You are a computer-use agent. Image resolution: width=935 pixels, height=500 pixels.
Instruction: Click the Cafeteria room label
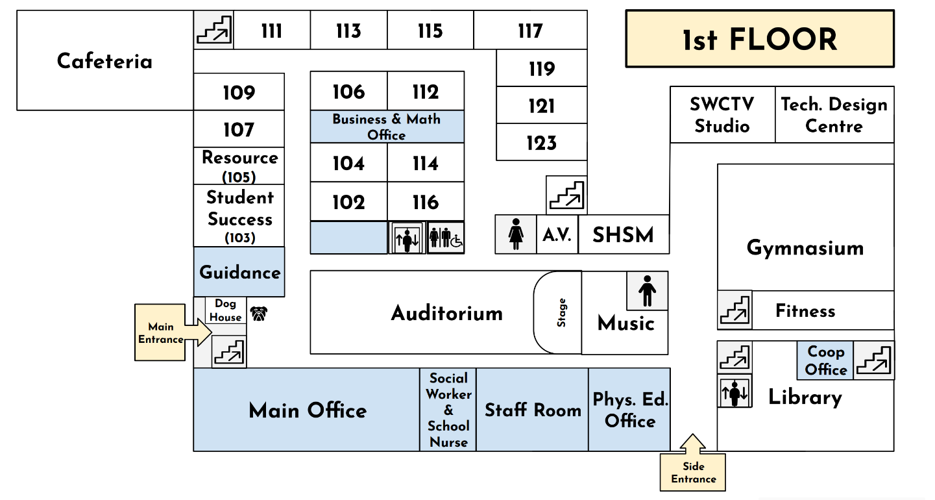(x=104, y=61)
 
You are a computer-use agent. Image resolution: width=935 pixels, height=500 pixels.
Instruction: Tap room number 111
(x=271, y=31)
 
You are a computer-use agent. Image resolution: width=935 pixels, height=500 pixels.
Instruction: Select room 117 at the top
(x=529, y=31)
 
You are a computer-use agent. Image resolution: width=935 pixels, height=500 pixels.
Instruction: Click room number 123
(x=541, y=143)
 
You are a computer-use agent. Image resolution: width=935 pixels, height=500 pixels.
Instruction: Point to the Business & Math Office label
(x=387, y=127)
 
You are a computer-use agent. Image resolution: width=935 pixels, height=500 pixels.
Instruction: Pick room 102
(x=348, y=202)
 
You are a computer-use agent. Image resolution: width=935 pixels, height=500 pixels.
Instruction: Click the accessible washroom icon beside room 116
(x=446, y=238)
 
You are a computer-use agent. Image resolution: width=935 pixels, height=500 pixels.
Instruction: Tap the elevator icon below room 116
(x=407, y=238)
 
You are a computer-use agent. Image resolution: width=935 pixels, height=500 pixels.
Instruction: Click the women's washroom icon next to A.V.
(x=516, y=234)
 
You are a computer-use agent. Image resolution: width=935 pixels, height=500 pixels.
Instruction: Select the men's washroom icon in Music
(x=647, y=291)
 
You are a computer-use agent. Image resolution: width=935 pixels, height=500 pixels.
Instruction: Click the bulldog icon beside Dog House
(x=259, y=314)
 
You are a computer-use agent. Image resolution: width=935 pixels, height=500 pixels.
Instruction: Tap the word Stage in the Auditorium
(x=562, y=312)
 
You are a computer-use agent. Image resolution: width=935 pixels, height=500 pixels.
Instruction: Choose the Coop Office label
(x=825, y=360)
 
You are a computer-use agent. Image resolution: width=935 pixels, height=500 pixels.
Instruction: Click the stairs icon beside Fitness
(x=735, y=310)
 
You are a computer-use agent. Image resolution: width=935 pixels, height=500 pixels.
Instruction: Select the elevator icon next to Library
(x=735, y=392)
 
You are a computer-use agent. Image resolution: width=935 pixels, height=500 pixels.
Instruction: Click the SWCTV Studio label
(x=722, y=115)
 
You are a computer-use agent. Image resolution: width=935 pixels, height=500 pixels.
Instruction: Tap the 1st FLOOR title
(x=759, y=40)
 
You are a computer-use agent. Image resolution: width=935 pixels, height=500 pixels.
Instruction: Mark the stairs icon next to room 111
(x=214, y=30)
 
